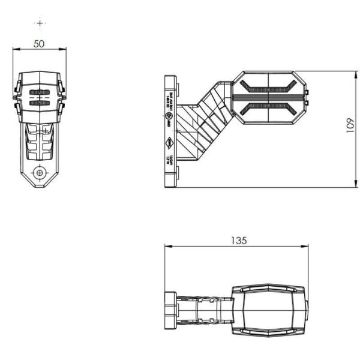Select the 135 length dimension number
coord(239,240)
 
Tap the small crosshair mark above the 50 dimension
coord(40,23)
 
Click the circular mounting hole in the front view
coord(40,173)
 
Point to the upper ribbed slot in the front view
coord(40,92)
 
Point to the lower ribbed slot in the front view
coord(40,103)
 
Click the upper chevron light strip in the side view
coord(268,86)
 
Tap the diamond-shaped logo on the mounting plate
coord(170,142)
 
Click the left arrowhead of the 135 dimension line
coord(166,246)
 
